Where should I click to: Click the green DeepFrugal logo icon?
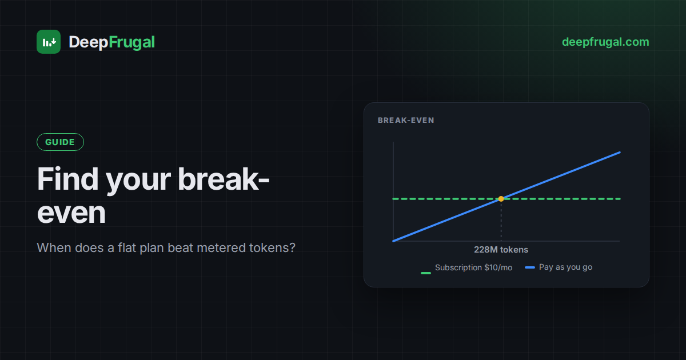49,42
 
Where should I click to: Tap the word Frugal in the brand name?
131,42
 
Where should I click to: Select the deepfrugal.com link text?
605,42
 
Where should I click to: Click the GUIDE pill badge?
60,142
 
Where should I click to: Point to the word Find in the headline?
67,179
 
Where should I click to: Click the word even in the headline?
71,213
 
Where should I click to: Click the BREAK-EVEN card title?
406,121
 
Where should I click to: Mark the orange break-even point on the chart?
501,199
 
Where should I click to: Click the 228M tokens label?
501,250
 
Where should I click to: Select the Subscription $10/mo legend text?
473,267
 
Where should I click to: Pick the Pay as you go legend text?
565,267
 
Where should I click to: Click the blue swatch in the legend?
530,267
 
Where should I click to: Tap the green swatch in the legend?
426,273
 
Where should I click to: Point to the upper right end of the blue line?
620,153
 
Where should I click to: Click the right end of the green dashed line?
620,199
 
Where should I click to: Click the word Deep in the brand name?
89,42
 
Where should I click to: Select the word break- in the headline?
224,179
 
